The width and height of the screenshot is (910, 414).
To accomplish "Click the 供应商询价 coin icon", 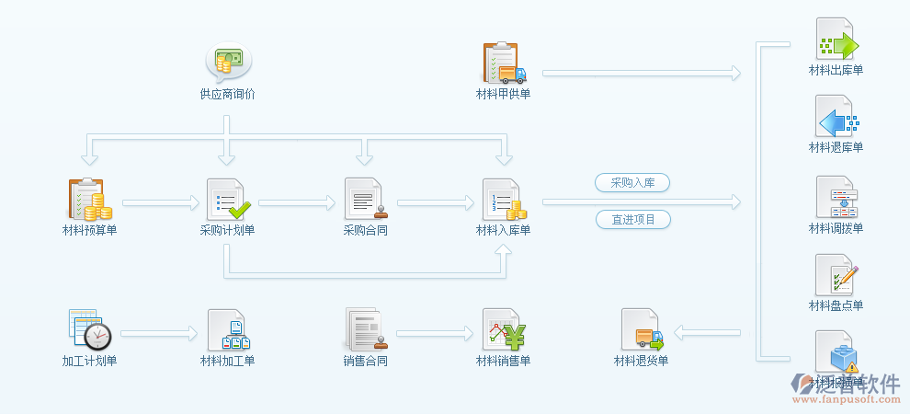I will click(228, 63).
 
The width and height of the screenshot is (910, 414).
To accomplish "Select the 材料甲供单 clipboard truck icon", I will click(504, 63).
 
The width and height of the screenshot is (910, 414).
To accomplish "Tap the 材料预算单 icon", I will click(89, 199).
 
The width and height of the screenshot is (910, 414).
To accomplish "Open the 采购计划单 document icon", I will click(227, 199).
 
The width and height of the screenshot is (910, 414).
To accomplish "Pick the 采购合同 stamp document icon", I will click(366, 199).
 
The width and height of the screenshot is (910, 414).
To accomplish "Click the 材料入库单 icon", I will click(504, 199).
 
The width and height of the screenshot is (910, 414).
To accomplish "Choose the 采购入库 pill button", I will click(632, 183).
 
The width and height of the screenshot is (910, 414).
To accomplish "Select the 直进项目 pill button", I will click(632, 220).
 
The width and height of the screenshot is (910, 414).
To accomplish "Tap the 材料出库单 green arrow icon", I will click(836, 40).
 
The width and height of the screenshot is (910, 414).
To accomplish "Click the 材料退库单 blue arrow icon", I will click(836, 118).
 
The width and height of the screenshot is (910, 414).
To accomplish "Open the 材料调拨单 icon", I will click(836, 197).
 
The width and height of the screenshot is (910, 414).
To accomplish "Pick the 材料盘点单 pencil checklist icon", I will click(836, 275).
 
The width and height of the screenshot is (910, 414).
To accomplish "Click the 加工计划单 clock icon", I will click(89, 329).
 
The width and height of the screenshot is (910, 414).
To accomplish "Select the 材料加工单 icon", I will click(227, 329).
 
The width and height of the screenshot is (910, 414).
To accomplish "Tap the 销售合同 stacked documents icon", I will click(365, 329).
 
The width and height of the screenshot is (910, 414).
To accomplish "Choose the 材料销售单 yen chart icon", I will click(504, 329).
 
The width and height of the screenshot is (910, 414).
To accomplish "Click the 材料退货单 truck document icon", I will click(642, 329).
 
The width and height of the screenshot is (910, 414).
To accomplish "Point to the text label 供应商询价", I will click(227, 94).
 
